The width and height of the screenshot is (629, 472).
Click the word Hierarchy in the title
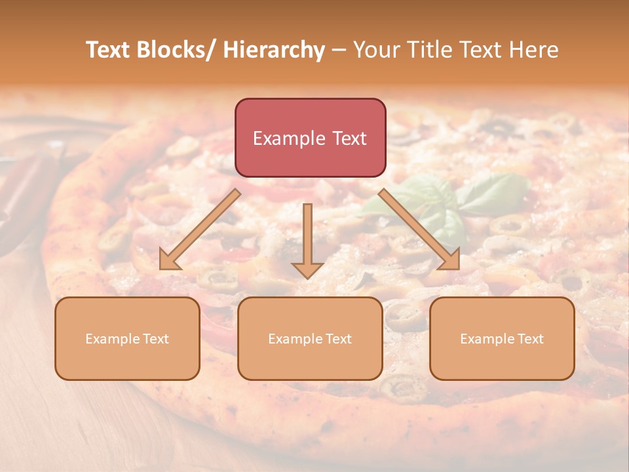pyautogui.click(x=274, y=50)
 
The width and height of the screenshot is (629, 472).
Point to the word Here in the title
pyautogui.click(x=534, y=50)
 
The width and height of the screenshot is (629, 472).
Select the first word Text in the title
pyautogui.click(x=109, y=50)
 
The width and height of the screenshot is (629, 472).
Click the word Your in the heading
pyautogui.click(x=374, y=50)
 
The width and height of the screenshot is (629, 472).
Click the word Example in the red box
pyautogui.click(x=289, y=138)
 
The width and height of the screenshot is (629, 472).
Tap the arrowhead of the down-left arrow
pyautogui.click(x=168, y=261)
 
